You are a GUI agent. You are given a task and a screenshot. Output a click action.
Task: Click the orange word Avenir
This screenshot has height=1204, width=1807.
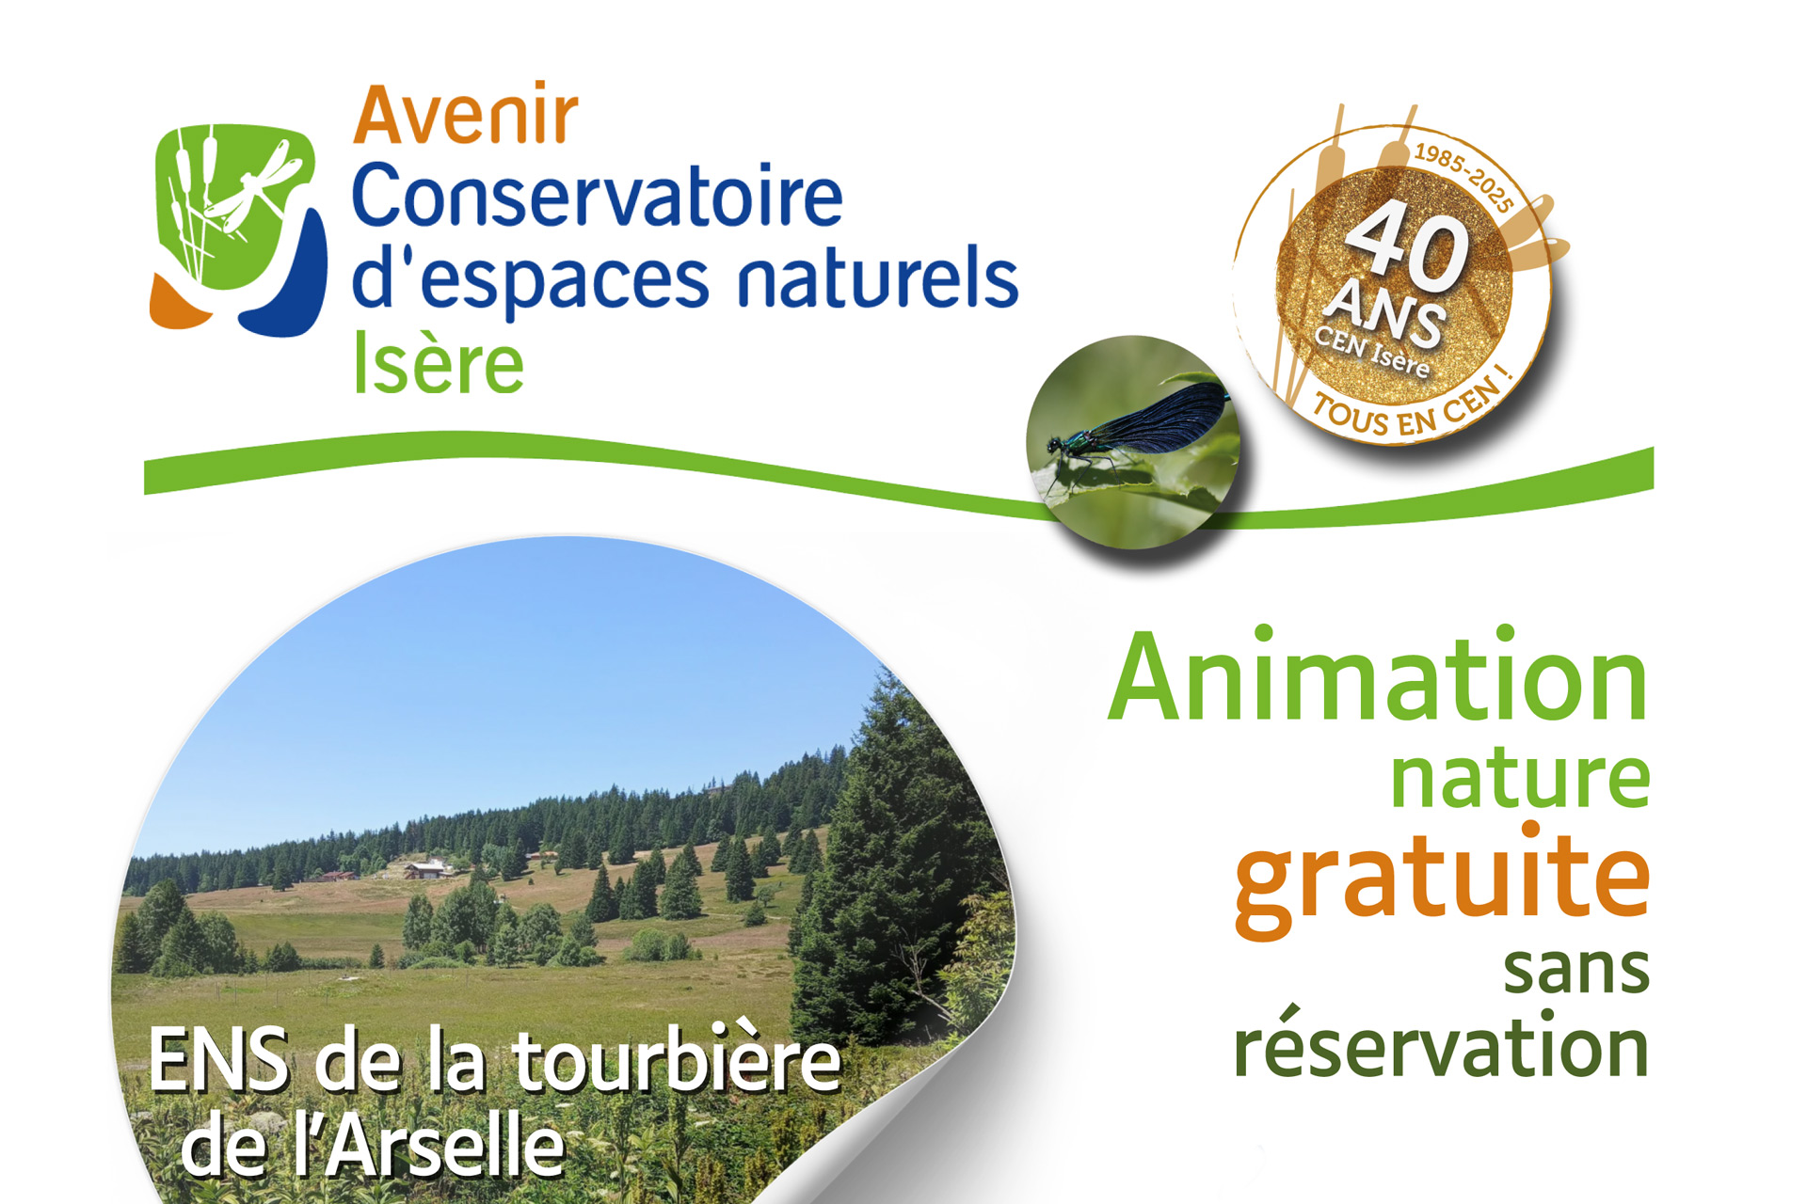[x=466, y=115]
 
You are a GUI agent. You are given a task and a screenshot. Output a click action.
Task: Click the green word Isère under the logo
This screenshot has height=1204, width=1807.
[x=438, y=364]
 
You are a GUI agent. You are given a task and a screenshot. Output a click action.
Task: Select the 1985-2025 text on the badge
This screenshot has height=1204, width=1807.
[x=1464, y=177]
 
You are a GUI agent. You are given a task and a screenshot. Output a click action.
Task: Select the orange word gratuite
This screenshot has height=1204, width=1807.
[x=1442, y=879]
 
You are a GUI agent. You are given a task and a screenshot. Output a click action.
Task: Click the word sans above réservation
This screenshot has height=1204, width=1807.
[x=1576, y=969]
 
